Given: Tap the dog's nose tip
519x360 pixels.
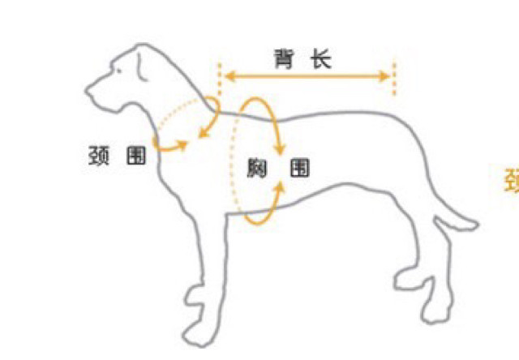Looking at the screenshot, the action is [x=89, y=84].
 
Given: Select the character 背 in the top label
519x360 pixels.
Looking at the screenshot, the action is [x=283, y=59].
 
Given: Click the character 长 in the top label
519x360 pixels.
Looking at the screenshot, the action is [x=322, y=59].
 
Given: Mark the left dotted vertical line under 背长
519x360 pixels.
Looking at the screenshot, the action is [x=219, y=77].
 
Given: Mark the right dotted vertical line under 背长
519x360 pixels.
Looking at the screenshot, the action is [x=395, y=77].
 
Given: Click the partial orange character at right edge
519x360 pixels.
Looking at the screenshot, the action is [x=513, y=180].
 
